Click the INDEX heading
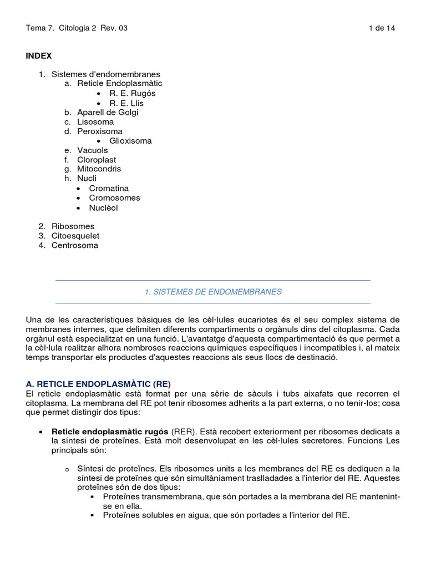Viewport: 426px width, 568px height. coord(39,55)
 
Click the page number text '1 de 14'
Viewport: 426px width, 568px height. coord(382,28)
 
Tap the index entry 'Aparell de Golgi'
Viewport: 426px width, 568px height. coord(108,112)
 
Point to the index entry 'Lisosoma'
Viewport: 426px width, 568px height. coord(95,121)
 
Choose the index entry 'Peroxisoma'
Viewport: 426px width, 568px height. coord(100,131)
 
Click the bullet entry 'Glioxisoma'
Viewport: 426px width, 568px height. coord(130,141)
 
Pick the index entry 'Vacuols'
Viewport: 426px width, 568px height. coord(93,150)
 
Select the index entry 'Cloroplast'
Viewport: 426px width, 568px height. coord(97,160)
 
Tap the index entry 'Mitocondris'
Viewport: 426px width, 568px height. coord(99,169)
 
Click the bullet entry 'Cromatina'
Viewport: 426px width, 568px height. coord(109,189)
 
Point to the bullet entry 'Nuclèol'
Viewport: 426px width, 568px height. coord(104,208)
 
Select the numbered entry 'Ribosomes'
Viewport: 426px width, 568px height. coord(73,226)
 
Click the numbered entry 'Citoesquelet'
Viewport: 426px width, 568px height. coord(75,236)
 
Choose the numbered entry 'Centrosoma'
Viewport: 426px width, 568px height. coord(75,245)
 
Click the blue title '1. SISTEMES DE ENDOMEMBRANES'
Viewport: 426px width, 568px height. coord(213,292)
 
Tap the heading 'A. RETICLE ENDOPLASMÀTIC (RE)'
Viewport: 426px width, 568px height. coord(98,384)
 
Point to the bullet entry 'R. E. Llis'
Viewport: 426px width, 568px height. coord(126,103)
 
